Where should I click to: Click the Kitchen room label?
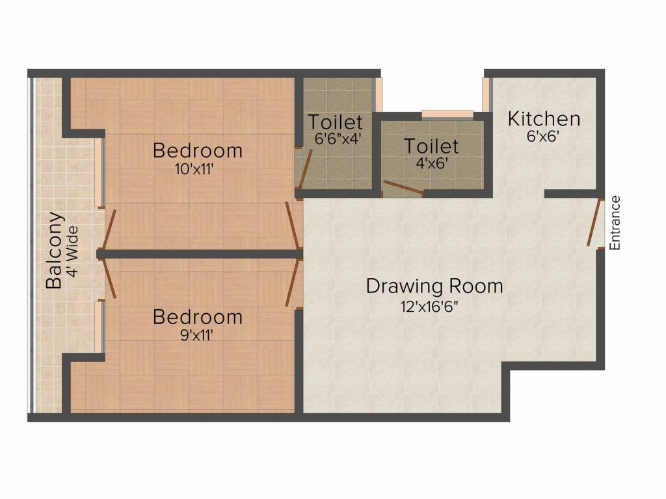click(x=544, y=119)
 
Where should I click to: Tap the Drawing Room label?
click(x=434, y=287)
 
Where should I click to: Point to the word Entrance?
click(x=615, y=223)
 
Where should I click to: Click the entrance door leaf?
click(x=594, y=222)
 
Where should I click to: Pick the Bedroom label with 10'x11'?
click(x=198, y=151)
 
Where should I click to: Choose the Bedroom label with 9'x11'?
click(x=198, y=317)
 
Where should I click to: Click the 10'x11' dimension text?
click(x=193, y=170)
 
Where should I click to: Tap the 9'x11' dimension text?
click(x=196, y=336)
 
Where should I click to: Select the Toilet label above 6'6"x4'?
click(x=335, y=122)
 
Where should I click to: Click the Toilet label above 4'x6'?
click(x=431, y=146)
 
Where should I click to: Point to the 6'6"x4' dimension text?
click(x=338, y=139)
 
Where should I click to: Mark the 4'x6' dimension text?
click(x=431, y=163)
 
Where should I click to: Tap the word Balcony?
click(x=54, y=250)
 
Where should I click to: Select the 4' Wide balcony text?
click(x=72, y=251)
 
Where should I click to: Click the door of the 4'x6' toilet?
click(x=403, y=188)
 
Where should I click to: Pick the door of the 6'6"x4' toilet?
click(x=306, y=169)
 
